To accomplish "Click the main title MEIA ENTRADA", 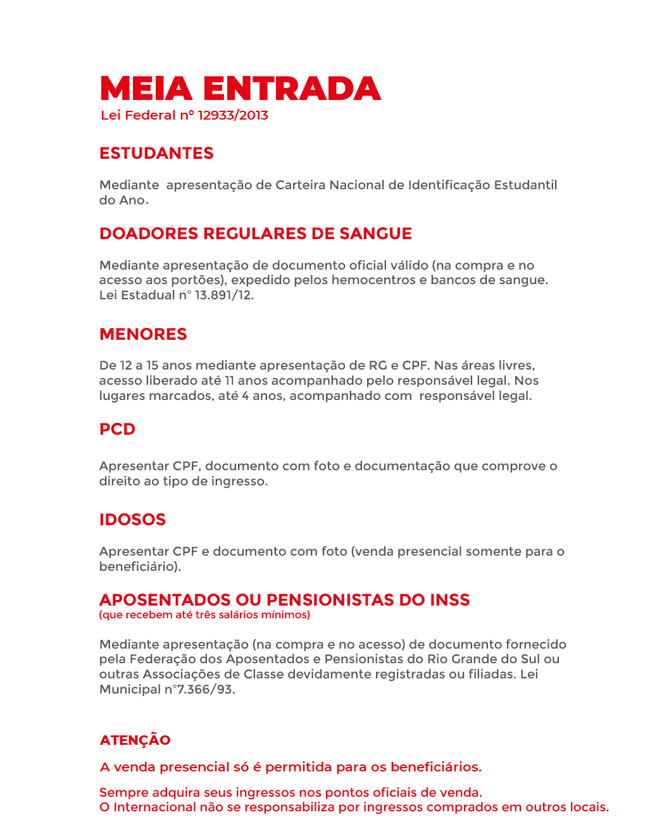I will pyautogui.click(x=241, y=89).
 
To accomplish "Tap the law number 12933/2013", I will pyautogui.click(x=233, y=115).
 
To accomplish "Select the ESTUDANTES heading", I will pyautogui.click(x=156, y=153).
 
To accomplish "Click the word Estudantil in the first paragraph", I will pyautogui.click(x=525, y=185).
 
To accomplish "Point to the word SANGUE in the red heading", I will pyautogui.click(x=375, y=234).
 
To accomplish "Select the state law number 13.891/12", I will pyautogui.click(x=224, y=295).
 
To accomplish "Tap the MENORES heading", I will pyautogui.click(x=143, y=334).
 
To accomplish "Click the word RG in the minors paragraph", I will pyautogui.click(x=377, y=365).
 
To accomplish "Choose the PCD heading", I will pyautogui.click(x=117, y=429).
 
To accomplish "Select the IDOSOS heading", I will pyautogui.click(x=132, y=520).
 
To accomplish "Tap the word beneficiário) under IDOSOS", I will pyautogui.click(x=140, y=566).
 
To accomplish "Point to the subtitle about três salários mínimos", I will pyautogui.click(x=204, y=614).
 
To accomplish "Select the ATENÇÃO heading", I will pyautogui.click(x=135, y=740).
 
